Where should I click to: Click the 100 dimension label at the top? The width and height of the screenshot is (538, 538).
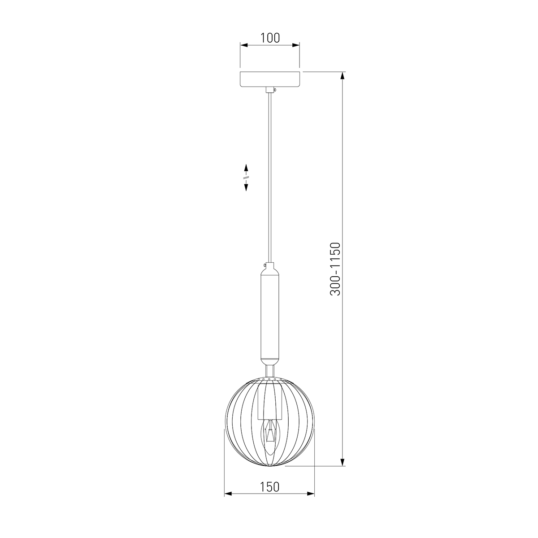[270, 38]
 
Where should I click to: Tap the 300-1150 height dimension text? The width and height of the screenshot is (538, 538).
[335, 269]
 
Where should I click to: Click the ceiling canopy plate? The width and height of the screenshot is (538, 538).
[270, 79]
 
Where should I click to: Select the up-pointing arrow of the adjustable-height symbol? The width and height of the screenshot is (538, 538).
[246, 169]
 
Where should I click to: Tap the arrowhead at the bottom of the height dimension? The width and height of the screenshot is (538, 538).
[343, 461]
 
